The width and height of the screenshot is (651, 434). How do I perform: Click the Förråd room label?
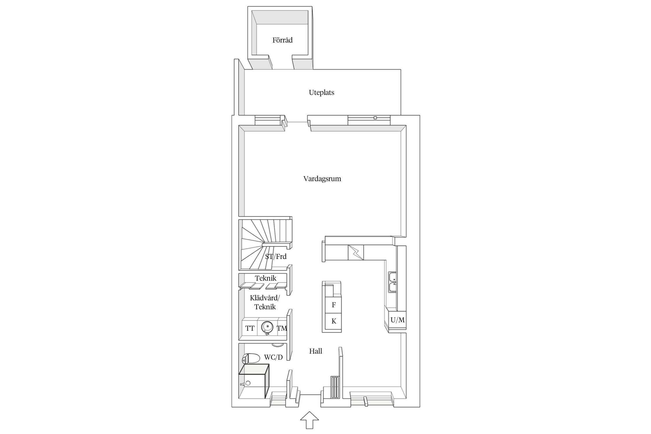[282, 40]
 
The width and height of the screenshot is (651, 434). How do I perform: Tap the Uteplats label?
[321, 93]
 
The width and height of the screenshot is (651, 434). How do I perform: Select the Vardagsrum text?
[322, 179]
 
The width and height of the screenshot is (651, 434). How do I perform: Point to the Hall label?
[315, 351]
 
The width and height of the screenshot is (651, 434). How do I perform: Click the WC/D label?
[273, 357]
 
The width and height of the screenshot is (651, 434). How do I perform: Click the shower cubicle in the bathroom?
[254, 381]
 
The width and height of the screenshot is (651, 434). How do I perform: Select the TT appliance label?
[250, 328]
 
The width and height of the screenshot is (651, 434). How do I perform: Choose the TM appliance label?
[282, 328]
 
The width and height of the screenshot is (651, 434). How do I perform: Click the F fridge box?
[334, 305]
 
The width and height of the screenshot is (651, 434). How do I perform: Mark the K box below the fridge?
[334, 321]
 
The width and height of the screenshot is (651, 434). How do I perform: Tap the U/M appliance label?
[398, 320]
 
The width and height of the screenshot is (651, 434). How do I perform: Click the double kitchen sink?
[393, 282]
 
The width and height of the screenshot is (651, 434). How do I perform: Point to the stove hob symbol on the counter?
[356, 252]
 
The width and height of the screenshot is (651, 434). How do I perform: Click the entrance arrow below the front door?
[310, 420]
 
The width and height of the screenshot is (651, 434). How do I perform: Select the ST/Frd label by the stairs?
[276, 257]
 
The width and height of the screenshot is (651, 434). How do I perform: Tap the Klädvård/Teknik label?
[265, 302]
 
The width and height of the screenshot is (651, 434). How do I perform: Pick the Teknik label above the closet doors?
[266, 278]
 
